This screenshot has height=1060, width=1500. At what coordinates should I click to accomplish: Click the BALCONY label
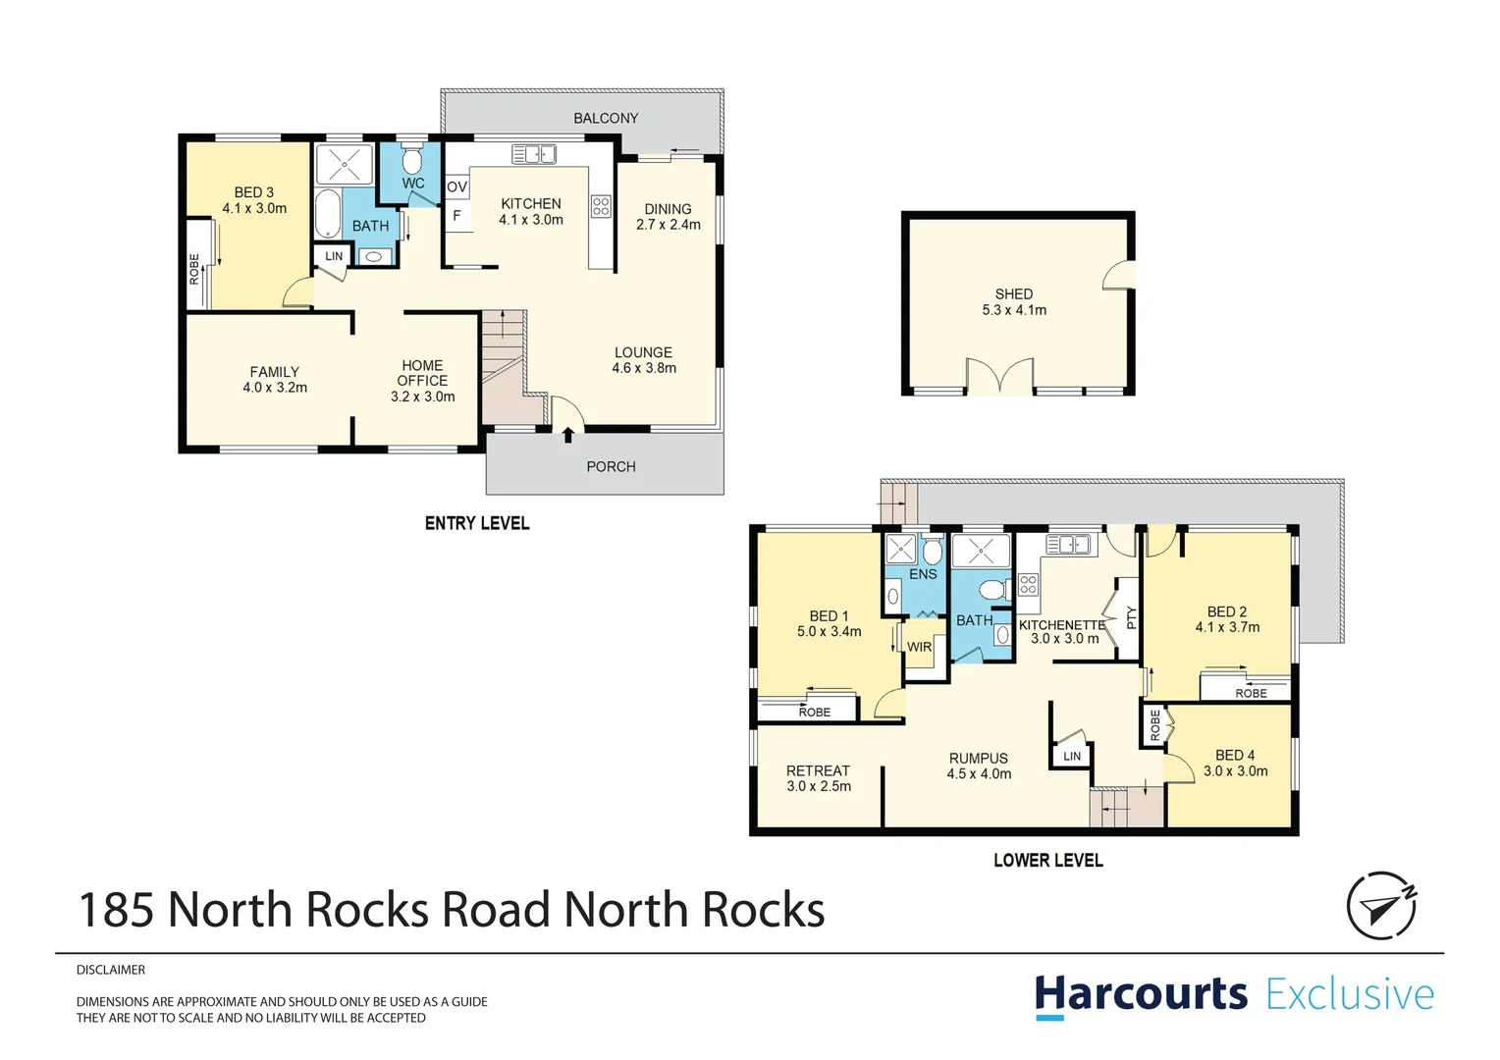[x=606, y=118]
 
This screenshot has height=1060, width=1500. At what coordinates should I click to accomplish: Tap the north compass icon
[x=1381, y=905]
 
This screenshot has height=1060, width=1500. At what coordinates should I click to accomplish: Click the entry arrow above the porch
[x=567, y=434]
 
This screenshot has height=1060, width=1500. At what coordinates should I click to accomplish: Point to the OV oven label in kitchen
[x=456, y=186]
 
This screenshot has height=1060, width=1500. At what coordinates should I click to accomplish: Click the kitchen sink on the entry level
[x=534, y=154]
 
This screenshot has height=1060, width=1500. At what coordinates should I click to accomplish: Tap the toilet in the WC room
[x=412, y=159]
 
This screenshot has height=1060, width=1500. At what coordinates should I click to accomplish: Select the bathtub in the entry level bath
[x=328, y=213]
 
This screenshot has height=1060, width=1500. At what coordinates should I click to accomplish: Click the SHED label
[x=1013, y=293]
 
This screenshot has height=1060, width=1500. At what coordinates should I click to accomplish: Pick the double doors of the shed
[x=1000, y=378]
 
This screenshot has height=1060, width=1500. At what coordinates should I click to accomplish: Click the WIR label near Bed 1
[x=919, y=647]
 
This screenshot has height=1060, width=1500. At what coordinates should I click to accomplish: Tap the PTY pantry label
[x=1131, y=617]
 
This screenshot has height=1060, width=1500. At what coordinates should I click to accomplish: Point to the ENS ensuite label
[x=923, y=574]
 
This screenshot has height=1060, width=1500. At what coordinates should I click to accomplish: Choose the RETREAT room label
[x=818, y=770]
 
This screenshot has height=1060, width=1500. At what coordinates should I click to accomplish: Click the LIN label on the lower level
[x=1072, y=756]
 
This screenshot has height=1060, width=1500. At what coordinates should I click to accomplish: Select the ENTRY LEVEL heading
[x=477, y=523]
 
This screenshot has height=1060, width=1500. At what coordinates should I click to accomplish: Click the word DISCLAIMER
[x=111, y=970]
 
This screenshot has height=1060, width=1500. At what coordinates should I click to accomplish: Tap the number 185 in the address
[x=116, y=910]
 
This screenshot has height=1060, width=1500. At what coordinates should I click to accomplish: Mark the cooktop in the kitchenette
[x=1028, y=585]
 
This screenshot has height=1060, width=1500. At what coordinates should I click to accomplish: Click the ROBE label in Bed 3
[x=194, y=269]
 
